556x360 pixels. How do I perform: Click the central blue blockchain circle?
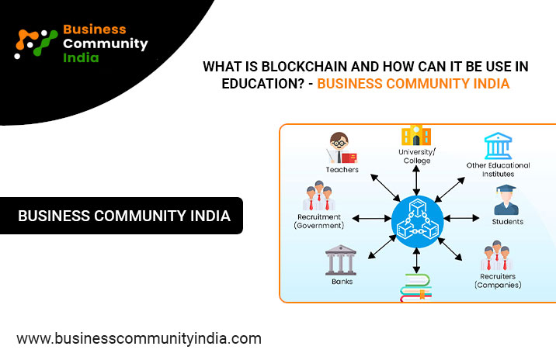[417, 221]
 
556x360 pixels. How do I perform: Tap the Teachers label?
[342, 170]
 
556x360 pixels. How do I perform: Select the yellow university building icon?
[416, 135]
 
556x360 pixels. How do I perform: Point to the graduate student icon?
[506, 200]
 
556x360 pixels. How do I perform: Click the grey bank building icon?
[341, 260]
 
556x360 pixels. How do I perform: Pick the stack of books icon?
[416, 287]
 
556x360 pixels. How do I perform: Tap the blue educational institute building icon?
[499, 146]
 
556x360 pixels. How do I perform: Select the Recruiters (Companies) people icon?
[497, 255]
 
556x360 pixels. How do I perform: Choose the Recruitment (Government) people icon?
[319, 196]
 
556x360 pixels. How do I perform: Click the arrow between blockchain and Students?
[462, 218]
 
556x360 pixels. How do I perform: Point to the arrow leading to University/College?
[416, 180]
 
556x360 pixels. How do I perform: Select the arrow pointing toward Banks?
[382, 247]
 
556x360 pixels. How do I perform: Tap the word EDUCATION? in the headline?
[262, 84]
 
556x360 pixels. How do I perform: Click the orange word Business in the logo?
[95, 29]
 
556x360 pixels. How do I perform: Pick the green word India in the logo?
[81, 57]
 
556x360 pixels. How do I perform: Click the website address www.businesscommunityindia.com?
[139, 339]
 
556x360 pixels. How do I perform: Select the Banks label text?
[342, 282]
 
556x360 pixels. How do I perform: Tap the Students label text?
[507, 222]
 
